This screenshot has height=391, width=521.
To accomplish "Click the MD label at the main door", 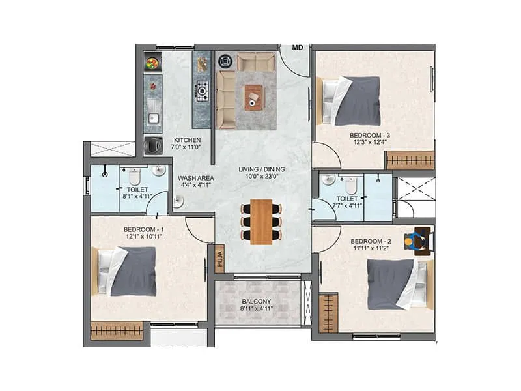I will (298, 48).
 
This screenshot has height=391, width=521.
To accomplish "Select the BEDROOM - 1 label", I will (143, 229).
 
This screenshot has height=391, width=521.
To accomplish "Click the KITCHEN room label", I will (187, 140).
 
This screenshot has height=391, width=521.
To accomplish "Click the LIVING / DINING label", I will (261, 169).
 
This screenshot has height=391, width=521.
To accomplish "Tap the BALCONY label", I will (256, 302).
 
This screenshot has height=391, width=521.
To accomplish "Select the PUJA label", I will (219, 259).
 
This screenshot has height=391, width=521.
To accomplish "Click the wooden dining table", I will (261, 222).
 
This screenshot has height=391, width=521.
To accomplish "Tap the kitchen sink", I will (154, 118).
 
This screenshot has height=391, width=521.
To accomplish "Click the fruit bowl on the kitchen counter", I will (153, 64).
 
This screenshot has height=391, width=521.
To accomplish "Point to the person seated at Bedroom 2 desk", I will (410, 242).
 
